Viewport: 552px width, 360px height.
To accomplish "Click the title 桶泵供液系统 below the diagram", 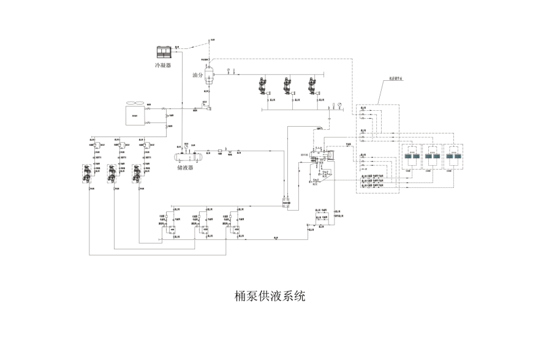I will tap(270, 296).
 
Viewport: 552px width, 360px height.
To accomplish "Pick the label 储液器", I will tap(185, 167).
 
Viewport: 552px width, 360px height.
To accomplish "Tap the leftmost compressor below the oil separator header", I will tap(264, 86).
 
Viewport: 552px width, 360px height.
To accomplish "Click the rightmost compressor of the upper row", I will tap(315, 86).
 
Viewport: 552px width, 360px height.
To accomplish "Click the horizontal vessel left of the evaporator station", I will tap(320, 159).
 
